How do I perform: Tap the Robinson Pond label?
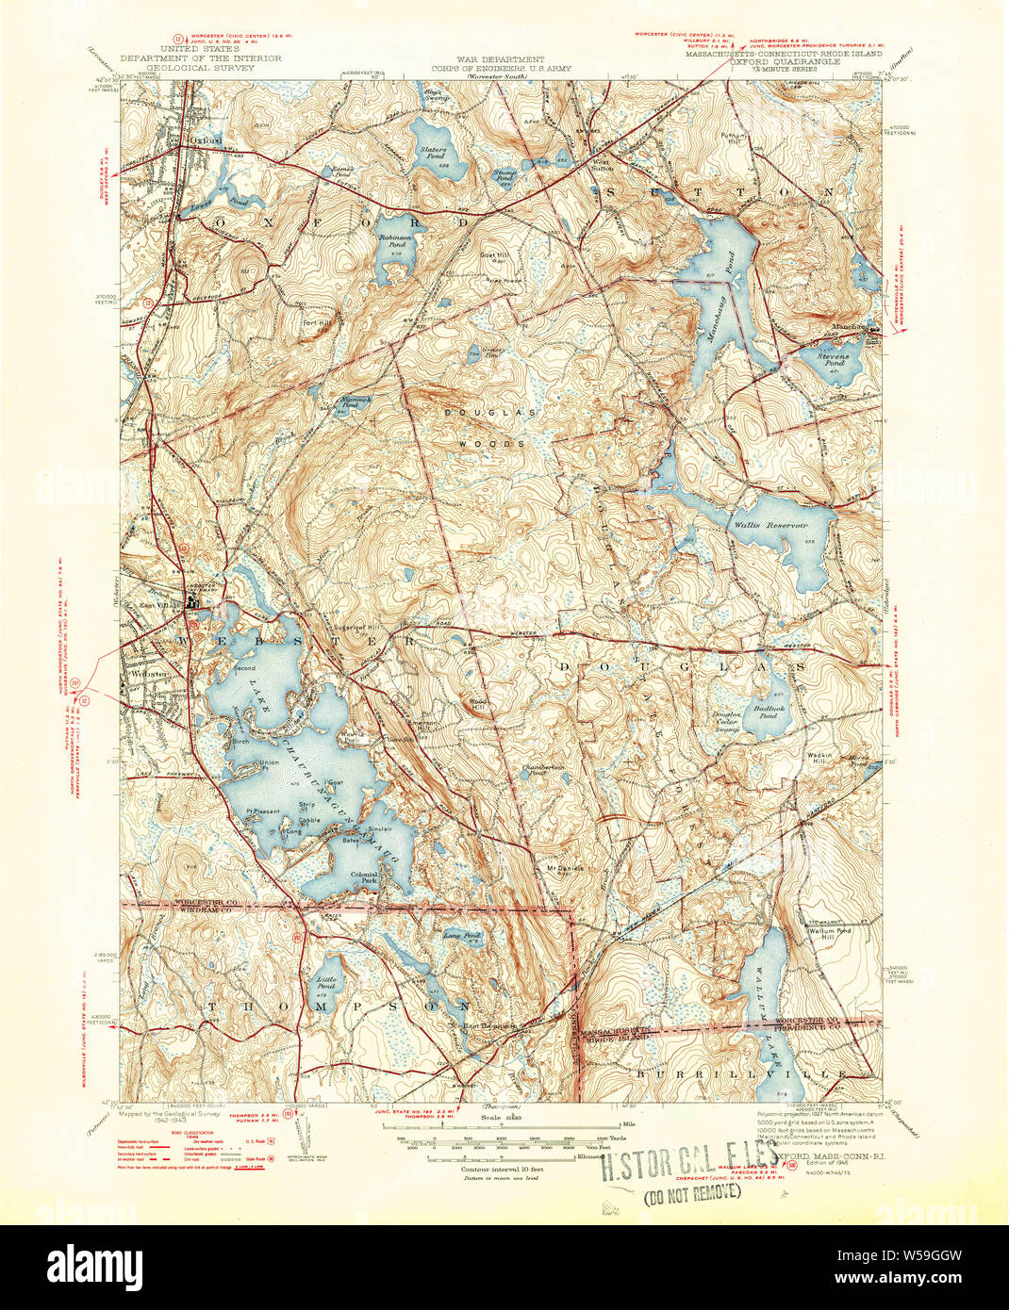pyautogui.click(x=396, y=240)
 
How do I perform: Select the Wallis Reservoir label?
pyautogui.click(x=774, y=524)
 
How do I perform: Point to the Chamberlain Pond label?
pyautogui.click(x=544, y=768)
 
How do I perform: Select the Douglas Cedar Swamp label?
pyautogui.click(x=728, y=721)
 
